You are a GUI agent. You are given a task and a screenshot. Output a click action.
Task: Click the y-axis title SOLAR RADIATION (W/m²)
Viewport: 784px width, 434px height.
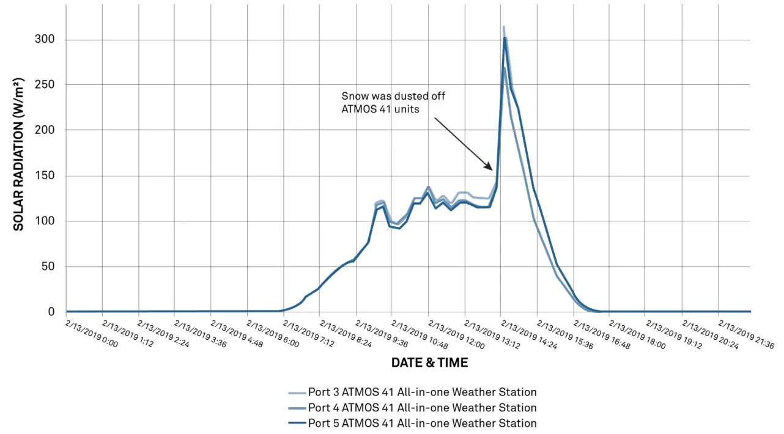19,154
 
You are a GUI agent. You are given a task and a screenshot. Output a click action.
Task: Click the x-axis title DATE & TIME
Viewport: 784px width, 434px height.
429,362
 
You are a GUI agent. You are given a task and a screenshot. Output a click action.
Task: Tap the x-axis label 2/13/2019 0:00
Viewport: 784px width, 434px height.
91,334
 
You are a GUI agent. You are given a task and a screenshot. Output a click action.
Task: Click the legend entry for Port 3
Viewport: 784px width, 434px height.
422,392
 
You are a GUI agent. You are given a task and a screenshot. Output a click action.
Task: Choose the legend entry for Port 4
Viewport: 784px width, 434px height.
422,408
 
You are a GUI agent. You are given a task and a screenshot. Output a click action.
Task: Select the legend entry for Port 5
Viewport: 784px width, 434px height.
422,423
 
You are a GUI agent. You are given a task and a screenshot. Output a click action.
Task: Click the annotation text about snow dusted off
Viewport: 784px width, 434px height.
398,103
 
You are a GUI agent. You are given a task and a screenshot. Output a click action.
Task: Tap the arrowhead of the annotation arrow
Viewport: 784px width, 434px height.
490,168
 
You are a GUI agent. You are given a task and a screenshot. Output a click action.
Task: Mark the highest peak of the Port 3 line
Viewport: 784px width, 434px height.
503,27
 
